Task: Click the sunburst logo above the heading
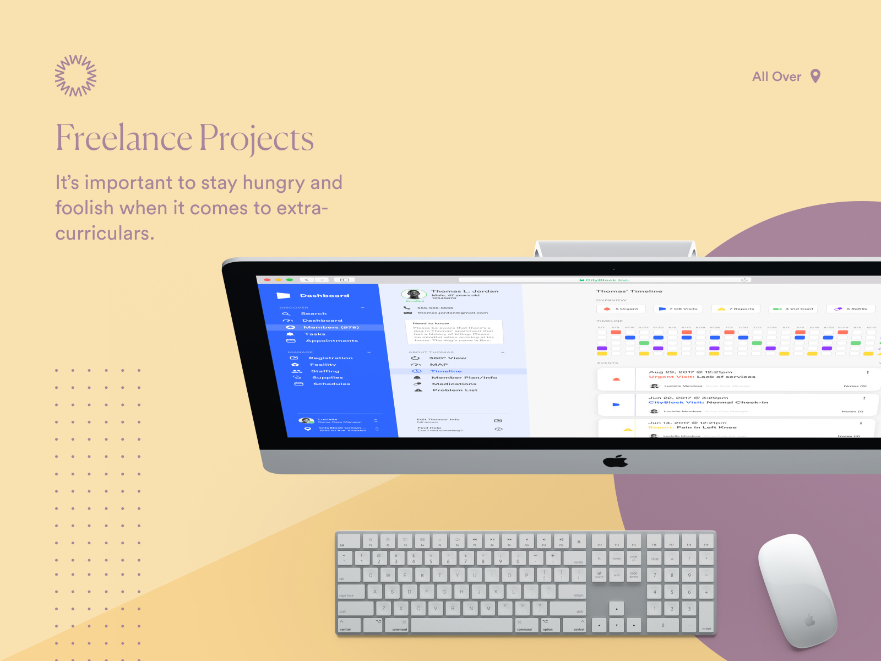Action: [x=76, y=76]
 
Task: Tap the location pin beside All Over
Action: [x=815, y=76]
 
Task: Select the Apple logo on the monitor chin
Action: [x=616, y=461]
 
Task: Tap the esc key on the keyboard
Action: [x=349, y=541]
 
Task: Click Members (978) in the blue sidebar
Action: [x=331, y=327]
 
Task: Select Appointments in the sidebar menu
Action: [x=331, y=341]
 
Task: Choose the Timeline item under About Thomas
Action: [x=446, y=371]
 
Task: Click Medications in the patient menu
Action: [x=454, y=384]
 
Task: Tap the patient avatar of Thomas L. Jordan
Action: [x=414, y=294]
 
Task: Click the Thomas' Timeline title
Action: [x=629, y=291]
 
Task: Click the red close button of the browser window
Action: [x=267, y=280]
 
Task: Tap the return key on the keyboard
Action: [x=572, y=592]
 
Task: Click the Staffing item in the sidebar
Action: [x=325, y=371]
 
